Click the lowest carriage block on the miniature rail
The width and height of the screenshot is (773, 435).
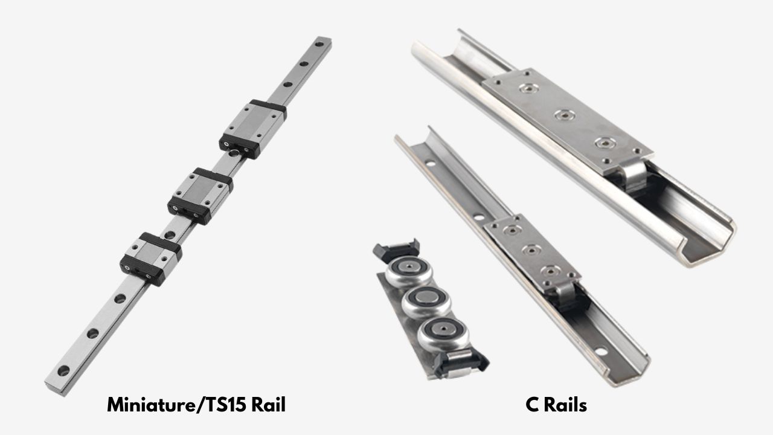point(151,259)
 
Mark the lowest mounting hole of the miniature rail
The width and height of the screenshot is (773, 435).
point(62,370)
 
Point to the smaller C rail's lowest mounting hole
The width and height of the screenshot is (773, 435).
point(601,351)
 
